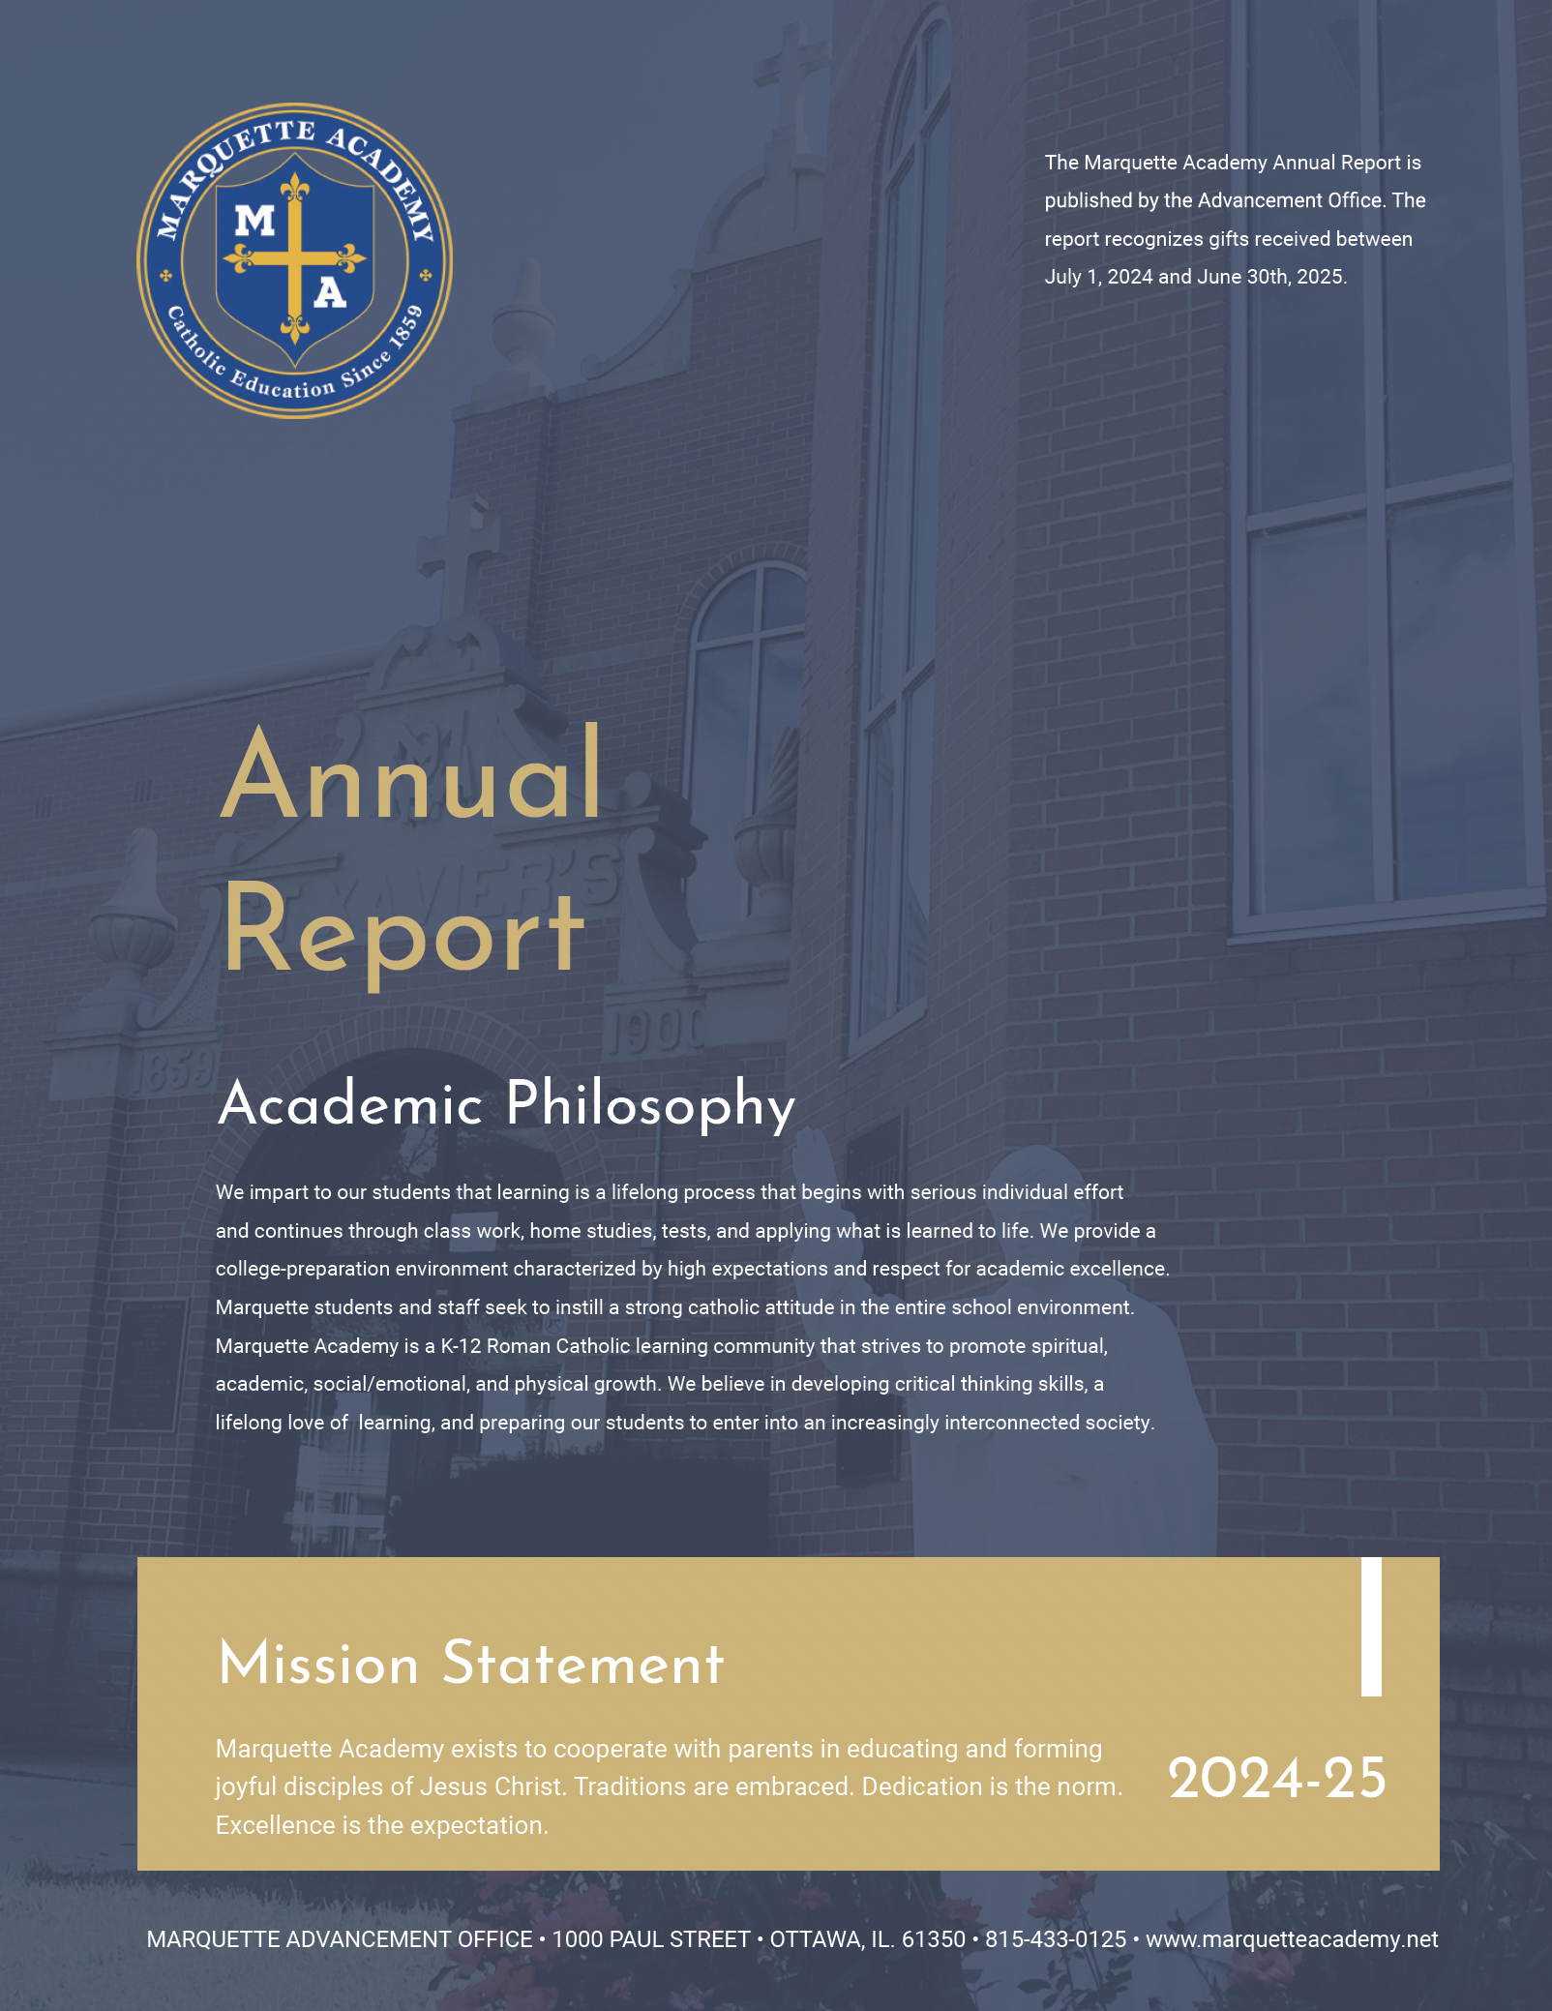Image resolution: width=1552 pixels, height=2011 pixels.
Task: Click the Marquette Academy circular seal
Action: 294,260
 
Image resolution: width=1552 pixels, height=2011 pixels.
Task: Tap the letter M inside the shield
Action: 254,222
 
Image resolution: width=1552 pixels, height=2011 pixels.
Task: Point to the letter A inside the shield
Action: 330,291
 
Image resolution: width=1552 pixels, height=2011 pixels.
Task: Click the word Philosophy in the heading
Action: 650,1104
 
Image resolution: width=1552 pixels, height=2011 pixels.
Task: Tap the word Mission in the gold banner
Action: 318,1665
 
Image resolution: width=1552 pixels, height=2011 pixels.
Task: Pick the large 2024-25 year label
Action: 1276,1779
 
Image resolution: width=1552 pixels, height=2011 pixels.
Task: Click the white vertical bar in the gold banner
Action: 1371,1627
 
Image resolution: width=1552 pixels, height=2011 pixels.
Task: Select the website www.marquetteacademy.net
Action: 1292,1939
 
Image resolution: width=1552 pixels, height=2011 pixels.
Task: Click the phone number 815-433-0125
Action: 1055,1939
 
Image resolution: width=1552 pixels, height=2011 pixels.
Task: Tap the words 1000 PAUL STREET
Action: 651,1939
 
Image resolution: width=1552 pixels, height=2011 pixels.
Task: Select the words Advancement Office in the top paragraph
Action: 1290,200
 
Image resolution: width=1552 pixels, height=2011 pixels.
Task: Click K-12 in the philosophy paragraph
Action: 461,1346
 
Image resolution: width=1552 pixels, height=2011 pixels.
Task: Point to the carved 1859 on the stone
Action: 174,1072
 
